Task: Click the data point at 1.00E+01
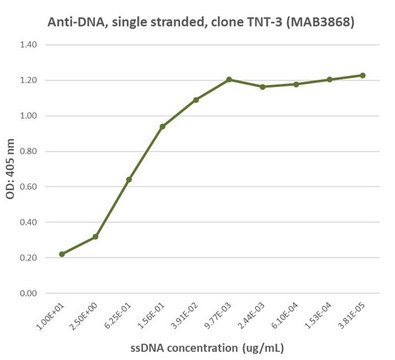(x=62, y=254)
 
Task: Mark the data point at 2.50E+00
(x=95, y=237)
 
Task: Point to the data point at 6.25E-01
(x=129, y=180)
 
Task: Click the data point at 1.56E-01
(x=162, y=127)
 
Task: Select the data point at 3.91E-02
(x=196, y=100)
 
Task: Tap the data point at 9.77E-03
(x=229, y=80)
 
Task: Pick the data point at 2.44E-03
(x=262, y=87)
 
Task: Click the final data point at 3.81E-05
(x=363, y=75)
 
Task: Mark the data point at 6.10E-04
(x=296, y=84)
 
